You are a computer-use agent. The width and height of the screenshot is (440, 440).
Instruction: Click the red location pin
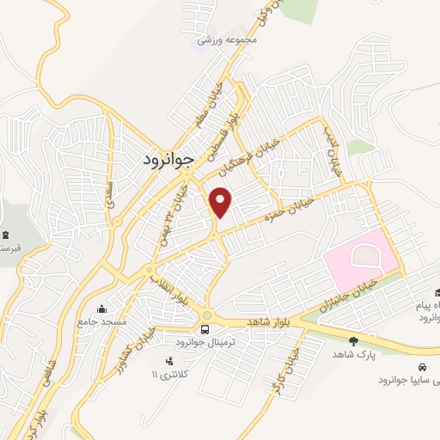222,201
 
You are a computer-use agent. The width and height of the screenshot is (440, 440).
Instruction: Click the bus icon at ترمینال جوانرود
205,328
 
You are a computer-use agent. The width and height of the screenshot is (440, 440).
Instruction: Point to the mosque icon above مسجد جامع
103,309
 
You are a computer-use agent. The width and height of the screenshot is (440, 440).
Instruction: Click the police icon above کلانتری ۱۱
168,360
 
